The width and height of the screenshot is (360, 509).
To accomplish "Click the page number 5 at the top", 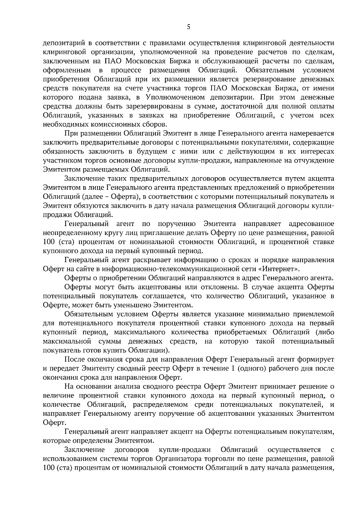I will click(188, 27).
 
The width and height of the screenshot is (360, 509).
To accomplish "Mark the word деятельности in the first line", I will click(308, 43).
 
